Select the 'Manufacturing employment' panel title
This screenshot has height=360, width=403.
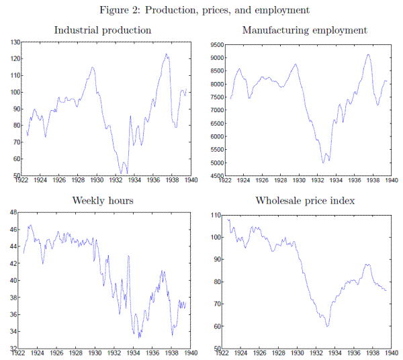304,30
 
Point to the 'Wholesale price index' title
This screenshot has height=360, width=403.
304,201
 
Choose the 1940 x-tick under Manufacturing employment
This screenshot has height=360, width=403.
392,181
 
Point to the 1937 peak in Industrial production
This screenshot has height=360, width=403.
166,54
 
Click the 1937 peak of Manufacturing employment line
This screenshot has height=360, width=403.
368,54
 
